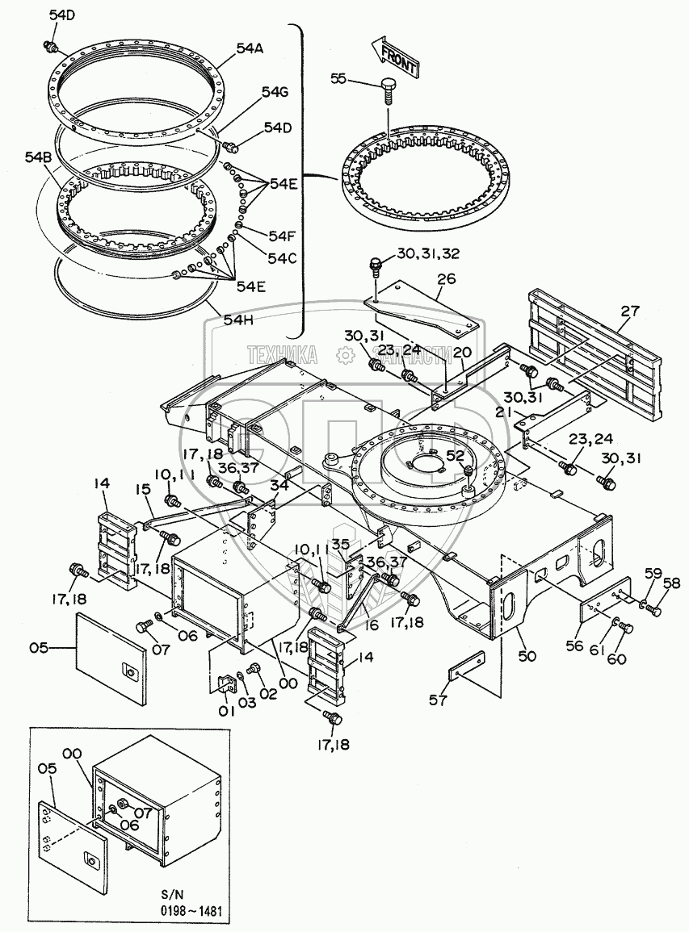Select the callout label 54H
click(239, 320)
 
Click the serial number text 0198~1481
click(191, 912)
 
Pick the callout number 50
click(527, 657)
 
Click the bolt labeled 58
click(653, 610)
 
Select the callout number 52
click(455, 456)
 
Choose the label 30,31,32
click(428, 254)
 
